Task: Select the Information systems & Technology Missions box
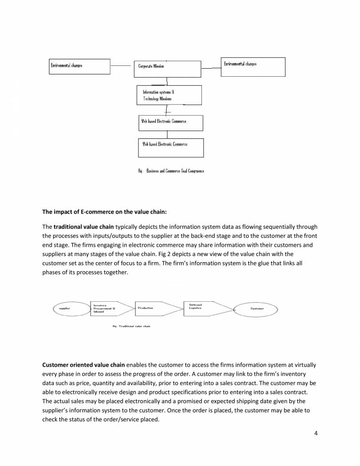pyautogui.click(x=169, y=95)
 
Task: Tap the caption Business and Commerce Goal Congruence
pyautogui.click(x=171, y=171)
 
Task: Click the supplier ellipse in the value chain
pyautogui.click(x=71, y=309)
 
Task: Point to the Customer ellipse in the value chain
pyautogui.click(x=257, y=309)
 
